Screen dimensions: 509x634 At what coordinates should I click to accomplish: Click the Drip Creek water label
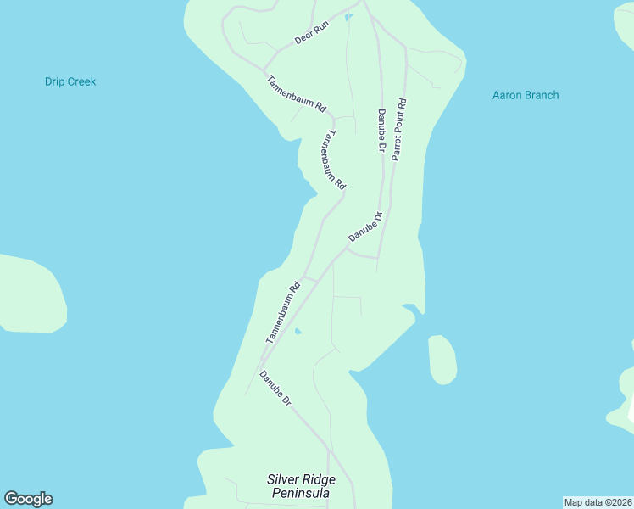(x=70, y=82)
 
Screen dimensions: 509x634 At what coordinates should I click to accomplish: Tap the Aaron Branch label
(x=526, y=95)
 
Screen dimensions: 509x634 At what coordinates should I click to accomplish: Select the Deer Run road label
(x=310, y=33)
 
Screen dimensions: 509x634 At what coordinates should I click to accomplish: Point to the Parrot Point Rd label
(x=398, y=131)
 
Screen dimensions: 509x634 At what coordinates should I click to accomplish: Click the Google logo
(x=28, y=499)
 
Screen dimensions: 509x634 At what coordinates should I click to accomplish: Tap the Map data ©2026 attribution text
(x=598, y=502)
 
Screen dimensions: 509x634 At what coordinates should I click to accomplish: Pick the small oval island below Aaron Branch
(x=442, y=359)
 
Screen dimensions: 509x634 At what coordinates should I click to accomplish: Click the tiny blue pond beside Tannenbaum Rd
(x=298, y=332)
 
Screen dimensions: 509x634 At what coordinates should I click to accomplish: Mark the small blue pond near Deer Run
(x=349, y=16)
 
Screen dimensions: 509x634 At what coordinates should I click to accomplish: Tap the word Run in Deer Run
(x=320, y=28)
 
